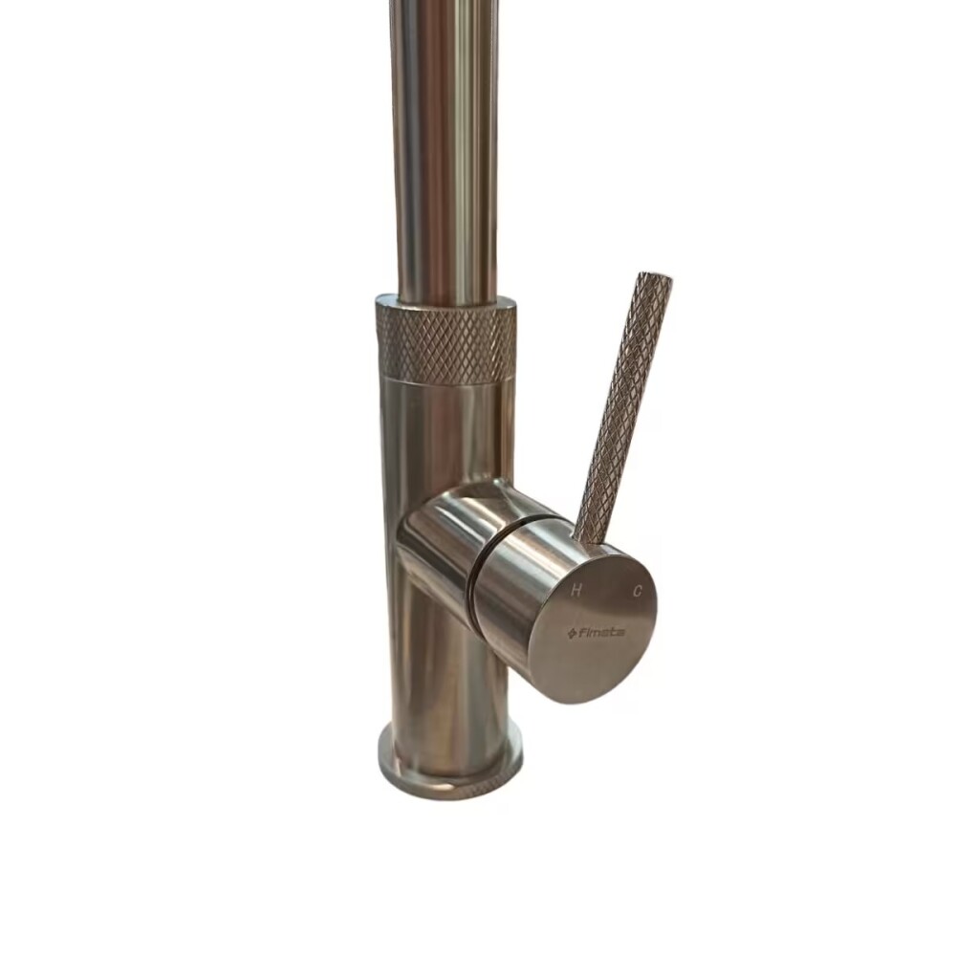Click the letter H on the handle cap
[x=576, y=591]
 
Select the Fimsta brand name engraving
[x=599, y=632]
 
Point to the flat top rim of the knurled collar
[x=445, y=304]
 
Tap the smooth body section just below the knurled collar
[x=445, y=430]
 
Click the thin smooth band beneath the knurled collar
[x=445, y=383]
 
